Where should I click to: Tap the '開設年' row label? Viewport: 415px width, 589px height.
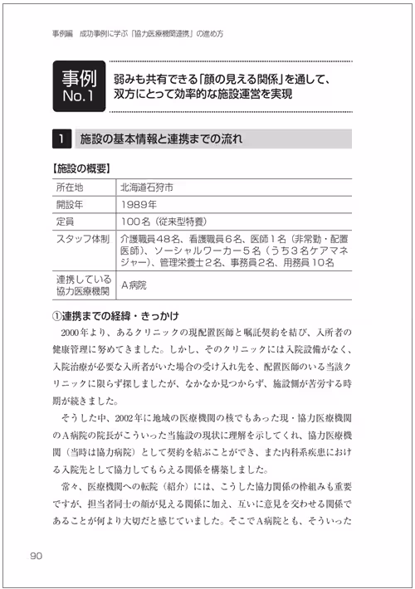coord(70,204)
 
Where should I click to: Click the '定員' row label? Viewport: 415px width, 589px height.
coord(65,221)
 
